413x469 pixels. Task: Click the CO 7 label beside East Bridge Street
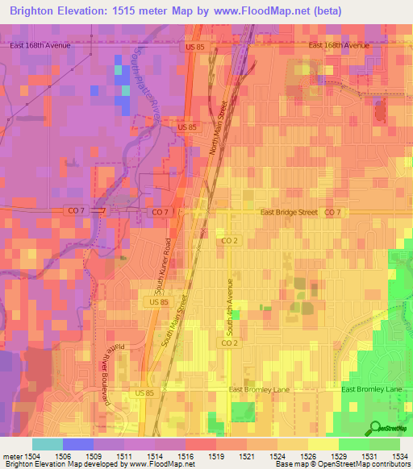click(332, 212)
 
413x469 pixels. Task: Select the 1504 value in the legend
click(32, 455)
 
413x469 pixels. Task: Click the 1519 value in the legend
click(216, 455)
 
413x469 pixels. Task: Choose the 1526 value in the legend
click(308, 455)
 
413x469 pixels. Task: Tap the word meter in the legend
click(12, 455)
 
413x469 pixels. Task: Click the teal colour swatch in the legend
click(47, 444)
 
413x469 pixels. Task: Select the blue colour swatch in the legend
click(77, 444)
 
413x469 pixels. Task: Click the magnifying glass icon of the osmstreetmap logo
click(376, 428)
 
